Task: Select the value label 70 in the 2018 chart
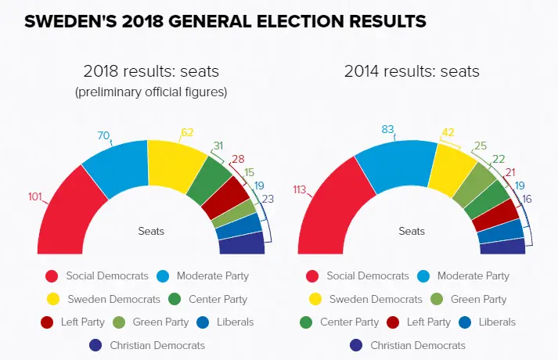pos(103,135)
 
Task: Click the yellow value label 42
pos(448,132)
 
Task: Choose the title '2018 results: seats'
pos(150,72)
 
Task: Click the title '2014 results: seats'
pos(412,72)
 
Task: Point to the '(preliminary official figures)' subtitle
pos(150,92)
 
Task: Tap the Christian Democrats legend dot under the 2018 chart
pos(96,345)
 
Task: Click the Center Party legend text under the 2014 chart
pos(349,322)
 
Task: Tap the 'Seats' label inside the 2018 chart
pos(151,231)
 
